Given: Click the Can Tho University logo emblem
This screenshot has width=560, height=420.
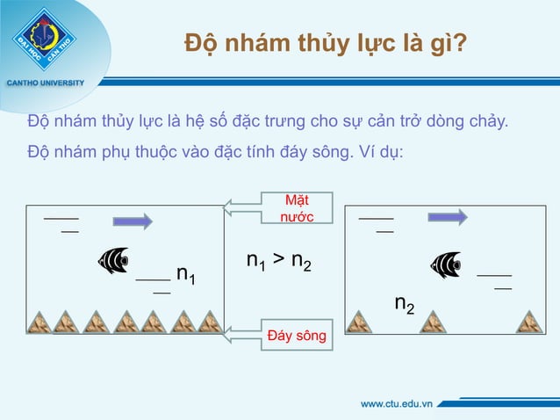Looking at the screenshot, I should [44, 39].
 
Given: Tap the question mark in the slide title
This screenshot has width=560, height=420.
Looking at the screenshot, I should [459, 43].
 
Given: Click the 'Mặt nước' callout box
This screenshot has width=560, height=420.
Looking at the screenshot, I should [297, 207].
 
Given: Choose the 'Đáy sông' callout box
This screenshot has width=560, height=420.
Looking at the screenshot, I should [297, 336].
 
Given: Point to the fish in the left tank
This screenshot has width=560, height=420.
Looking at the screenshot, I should [114, 259].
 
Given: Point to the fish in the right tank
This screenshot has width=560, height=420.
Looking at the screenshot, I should [445, 264].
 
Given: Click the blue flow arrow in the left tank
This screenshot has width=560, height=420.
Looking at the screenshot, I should [133, 220].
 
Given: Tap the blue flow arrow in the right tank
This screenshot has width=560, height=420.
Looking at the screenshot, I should [448, 216].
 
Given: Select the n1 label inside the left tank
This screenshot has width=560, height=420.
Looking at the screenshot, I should [185, 276].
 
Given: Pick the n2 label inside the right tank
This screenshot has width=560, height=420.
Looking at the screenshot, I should [405, 304].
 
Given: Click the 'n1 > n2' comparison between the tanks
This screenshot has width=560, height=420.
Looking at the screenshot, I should [279, 262].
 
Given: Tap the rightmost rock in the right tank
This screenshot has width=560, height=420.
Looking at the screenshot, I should [529, 322].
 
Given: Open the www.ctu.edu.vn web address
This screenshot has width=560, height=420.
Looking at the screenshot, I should [398, 404].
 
